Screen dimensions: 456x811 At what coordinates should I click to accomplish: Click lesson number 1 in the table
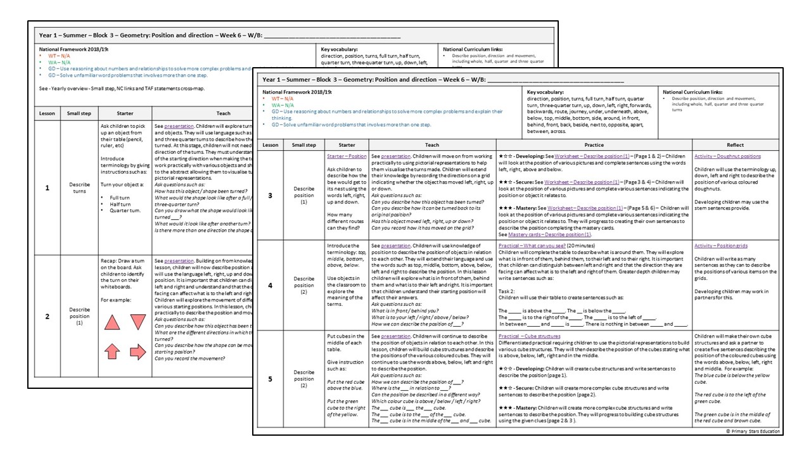point(47,187)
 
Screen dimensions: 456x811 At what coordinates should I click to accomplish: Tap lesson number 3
point(271,196)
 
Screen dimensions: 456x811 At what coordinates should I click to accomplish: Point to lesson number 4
point(271,285)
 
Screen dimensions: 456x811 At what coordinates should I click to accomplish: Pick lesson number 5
point(271,379)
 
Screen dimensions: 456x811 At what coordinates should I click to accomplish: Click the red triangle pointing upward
point(112,323)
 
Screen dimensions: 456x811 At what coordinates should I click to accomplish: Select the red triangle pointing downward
point(137,323)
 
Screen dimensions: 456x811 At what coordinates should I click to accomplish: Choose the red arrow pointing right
point(137,351)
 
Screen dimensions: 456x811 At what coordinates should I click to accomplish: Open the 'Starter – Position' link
point(347,156)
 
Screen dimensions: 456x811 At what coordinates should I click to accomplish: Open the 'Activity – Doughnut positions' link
point(727,156)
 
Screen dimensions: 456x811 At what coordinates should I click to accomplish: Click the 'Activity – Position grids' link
point(722,246)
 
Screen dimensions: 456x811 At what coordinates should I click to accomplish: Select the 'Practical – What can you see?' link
point(533,246)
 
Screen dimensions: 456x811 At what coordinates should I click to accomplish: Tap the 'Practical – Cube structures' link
point(529,336)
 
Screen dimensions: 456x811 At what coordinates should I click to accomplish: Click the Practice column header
point(594,145)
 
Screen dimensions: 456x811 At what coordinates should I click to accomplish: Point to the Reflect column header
point(735,145)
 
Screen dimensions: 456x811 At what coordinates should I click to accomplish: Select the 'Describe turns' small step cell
point(79,188)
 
